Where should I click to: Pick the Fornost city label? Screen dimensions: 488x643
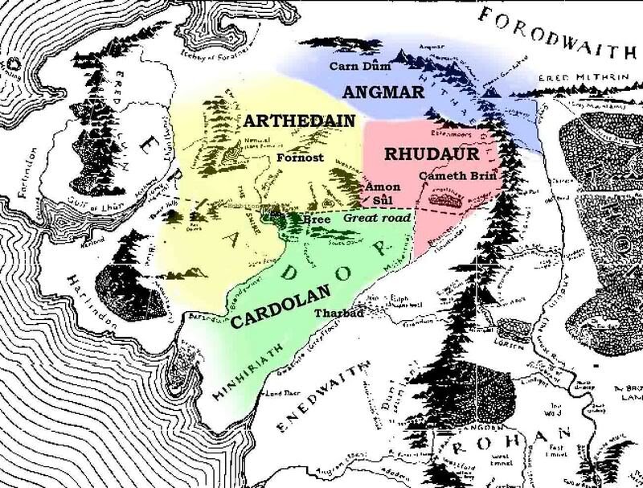tap(300, 158)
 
